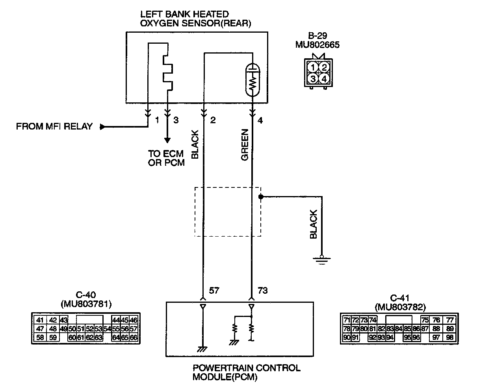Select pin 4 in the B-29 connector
tap(324, 78)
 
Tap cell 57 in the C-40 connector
tap(134, 328)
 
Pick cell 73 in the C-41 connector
tap(364, 320)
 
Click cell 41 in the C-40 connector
tap(40, 320)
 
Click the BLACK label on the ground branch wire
tap(314, 224)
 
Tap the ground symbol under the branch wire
tap(321, 259)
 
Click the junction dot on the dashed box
tap(260, 196)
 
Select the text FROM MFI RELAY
tap(54, 127)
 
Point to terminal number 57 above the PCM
tap(214, 291)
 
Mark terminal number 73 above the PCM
tap(262, 291)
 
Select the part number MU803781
tap(86, 304)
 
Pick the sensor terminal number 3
tap(176, 120)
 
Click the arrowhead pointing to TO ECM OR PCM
tap(167, 141)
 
